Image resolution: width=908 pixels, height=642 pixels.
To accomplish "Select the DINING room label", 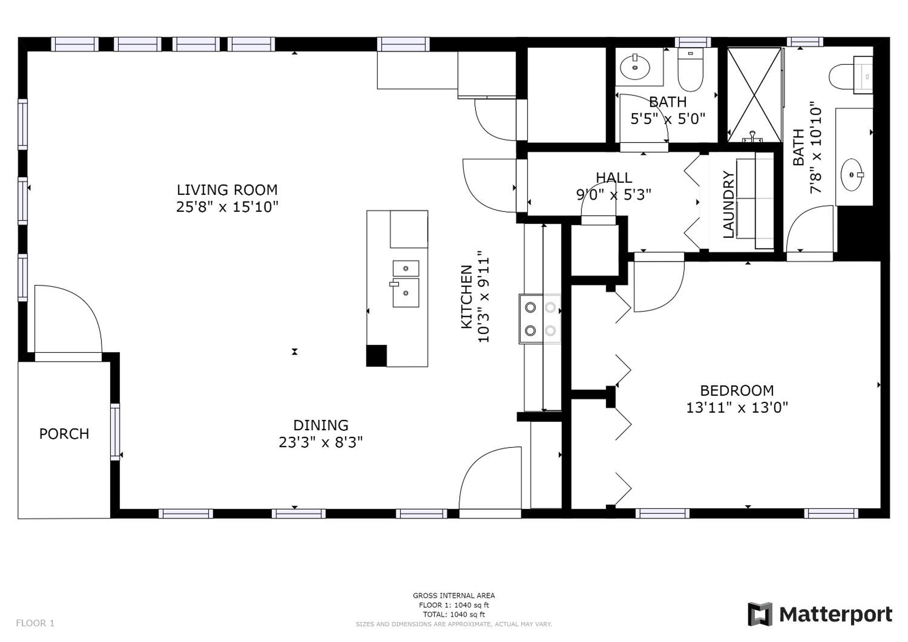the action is tap(321, 425).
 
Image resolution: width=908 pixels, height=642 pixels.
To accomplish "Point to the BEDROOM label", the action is tap(737, 391).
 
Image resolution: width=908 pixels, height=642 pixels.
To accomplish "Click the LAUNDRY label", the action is tap(729, 204).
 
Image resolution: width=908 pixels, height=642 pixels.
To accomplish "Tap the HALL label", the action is tap(614, 177).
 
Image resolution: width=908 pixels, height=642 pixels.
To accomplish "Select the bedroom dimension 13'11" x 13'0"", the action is tap(737, 408).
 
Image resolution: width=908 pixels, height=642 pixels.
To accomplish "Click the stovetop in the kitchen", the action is tap(540, 318).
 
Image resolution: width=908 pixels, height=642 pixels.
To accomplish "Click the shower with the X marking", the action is tap(755, 95).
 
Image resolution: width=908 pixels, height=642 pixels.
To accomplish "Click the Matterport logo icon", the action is tap(760, 614).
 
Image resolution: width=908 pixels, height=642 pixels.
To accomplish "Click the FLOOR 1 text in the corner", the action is tap(35, 624).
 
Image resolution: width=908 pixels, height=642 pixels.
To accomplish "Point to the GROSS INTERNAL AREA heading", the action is tap(454, 595).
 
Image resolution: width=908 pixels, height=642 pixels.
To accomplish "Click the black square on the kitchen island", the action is tap(376, 356).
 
